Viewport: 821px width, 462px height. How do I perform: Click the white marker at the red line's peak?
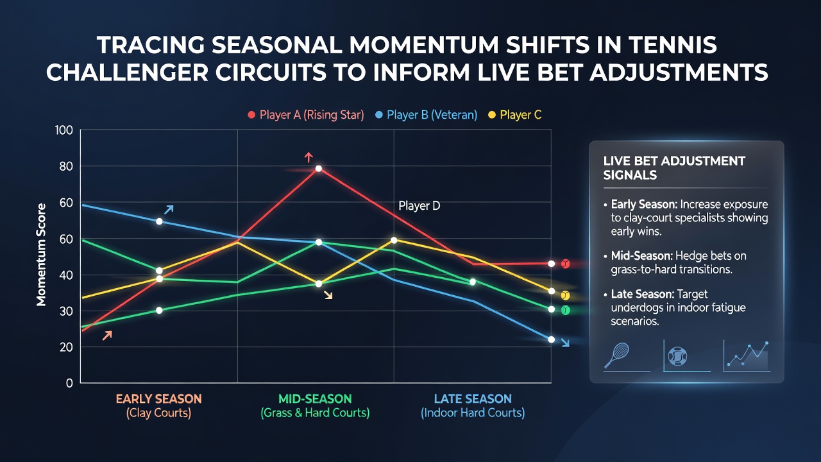(319, 169)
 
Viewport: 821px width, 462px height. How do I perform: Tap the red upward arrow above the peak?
(309, 157)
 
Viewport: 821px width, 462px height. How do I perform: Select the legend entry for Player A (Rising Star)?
(306, 115)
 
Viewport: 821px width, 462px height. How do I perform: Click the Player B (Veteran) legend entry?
(427, 115)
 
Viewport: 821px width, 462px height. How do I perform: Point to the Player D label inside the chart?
(419, 206)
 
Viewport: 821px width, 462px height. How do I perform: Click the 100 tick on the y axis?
(64, 130)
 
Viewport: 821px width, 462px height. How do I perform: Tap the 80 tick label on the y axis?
(66, 166)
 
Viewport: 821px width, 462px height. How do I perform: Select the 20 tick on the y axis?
(66, 347)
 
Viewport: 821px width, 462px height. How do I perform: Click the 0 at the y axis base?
(69, 383)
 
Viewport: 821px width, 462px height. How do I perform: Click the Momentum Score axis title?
(41, 255)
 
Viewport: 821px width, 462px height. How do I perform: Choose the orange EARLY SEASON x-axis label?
(158, 399)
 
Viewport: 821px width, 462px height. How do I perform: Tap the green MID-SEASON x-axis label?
(315, 399)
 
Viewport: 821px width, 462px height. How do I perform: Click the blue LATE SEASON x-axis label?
(473, 399)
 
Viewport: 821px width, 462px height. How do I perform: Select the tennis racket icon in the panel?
(617, 355)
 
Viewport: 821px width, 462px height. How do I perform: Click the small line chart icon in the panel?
(748, 355)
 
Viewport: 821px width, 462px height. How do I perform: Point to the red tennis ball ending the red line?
(566, 264)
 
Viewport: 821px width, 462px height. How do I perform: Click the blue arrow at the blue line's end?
(566, 343)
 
